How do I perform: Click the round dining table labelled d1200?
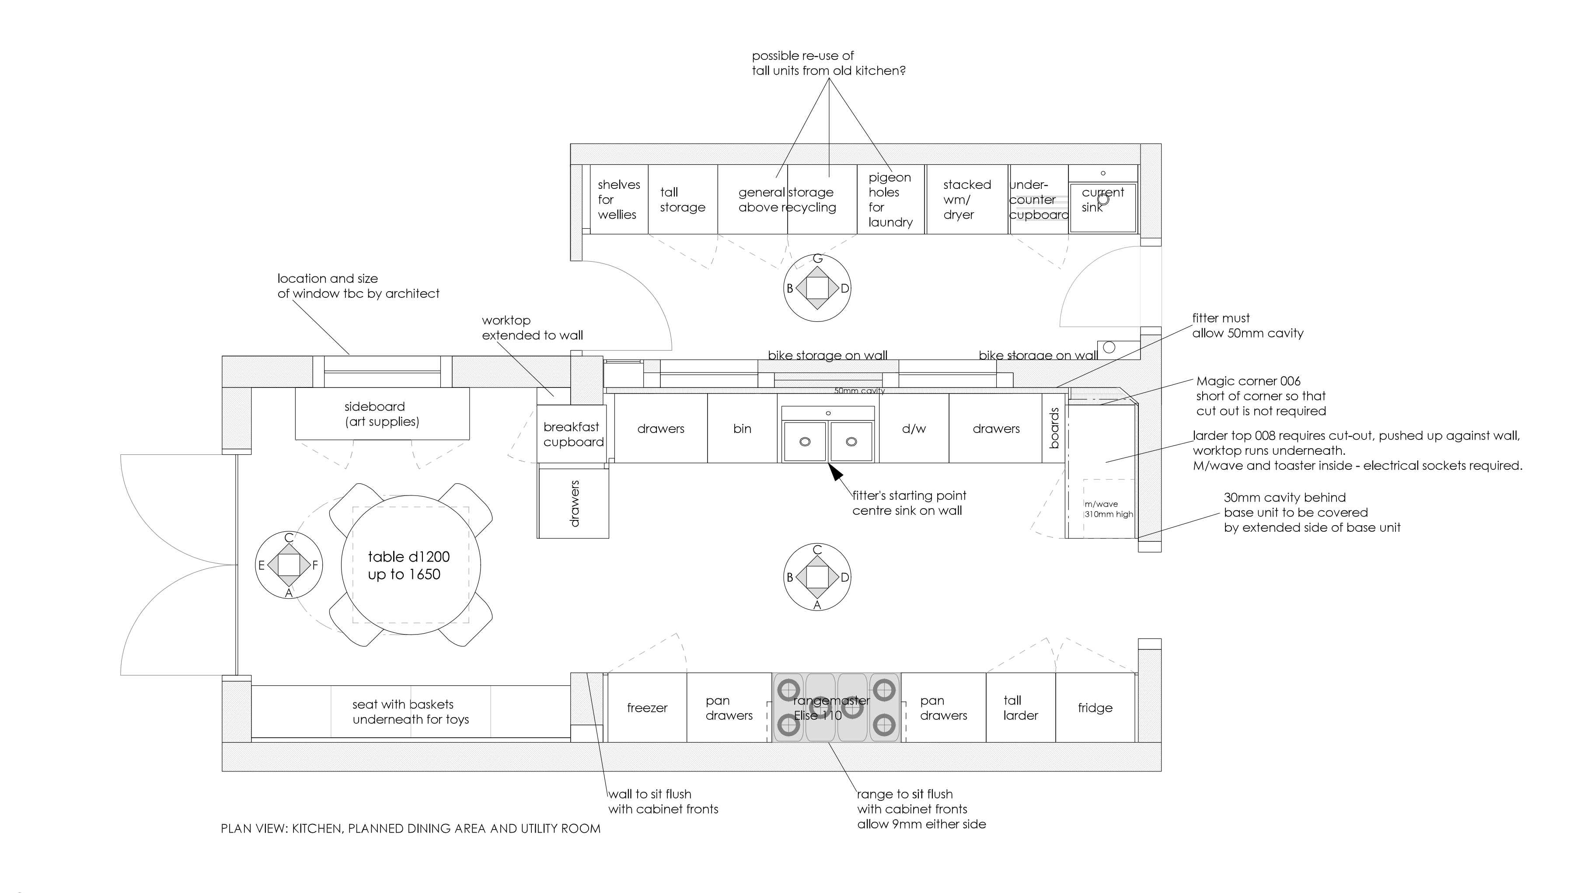pos(410,565)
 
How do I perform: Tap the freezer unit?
pos(646,708)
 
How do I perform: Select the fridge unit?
pos(1095,708)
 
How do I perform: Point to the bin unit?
pos(742,429)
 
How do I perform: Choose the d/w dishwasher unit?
pos(914,429)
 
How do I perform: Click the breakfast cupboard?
pos(572,434)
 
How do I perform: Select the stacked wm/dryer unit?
pos(966,199)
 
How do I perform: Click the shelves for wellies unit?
pos(618,199)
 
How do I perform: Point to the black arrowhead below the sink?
pos(835,472)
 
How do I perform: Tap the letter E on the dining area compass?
pos(261,565)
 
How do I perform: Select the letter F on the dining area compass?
pos(315,565)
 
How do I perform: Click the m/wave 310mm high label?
pos(1108,509)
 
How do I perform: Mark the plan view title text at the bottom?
pos(410,829)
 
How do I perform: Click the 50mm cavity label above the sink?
pos(859,391)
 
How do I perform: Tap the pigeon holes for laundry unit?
pos(890,199)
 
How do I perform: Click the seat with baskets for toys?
pos(410,712)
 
